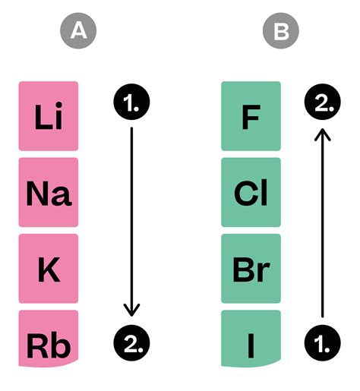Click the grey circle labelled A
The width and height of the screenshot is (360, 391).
point(77,31)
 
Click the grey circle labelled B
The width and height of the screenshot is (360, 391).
point(280,31)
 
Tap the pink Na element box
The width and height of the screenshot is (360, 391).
point(49,193)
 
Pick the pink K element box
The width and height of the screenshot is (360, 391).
point(49,269)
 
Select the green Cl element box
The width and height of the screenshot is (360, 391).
point(251,193)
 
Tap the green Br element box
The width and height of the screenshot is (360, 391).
point(251,269)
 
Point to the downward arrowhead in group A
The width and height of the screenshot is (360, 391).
point(131,310)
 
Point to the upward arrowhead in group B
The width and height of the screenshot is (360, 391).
point(322,134)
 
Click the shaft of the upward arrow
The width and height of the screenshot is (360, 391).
point(322,228)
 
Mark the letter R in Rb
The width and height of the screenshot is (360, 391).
point(37,345)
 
